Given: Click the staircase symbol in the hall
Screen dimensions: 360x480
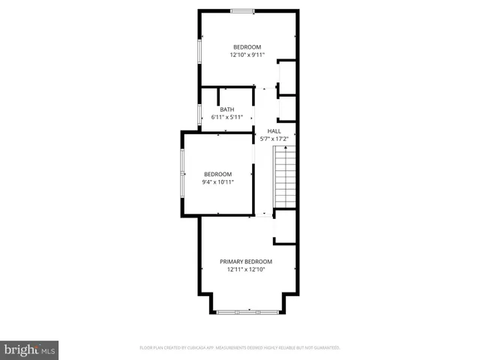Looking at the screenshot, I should click(x=284, y=175).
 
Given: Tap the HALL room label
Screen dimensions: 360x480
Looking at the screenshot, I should click(x=274, y=130).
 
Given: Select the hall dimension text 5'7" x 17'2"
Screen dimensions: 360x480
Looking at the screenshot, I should click(x=274, y=139).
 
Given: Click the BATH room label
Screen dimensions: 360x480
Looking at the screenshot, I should click(x=226, y=109).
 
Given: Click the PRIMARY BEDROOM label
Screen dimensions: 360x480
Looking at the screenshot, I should click(x=245, y=262).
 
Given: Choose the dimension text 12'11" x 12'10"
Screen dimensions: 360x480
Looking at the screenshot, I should click(x=245, y=270).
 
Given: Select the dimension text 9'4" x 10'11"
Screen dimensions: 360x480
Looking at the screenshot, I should click(x=217, y=182).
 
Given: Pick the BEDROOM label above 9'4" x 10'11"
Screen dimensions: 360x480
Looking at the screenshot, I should click(x=217, y=174).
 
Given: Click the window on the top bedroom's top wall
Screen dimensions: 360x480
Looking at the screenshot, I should click(x=241, y=10).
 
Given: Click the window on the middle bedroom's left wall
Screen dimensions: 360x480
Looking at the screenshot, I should click(x=181, y=173).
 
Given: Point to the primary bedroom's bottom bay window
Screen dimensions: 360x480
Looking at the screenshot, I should click(x=248, y=312).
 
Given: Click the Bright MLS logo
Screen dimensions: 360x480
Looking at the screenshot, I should click(x=30, y=349).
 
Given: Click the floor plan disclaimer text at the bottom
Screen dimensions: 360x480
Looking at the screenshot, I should click(x=240, y=348).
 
